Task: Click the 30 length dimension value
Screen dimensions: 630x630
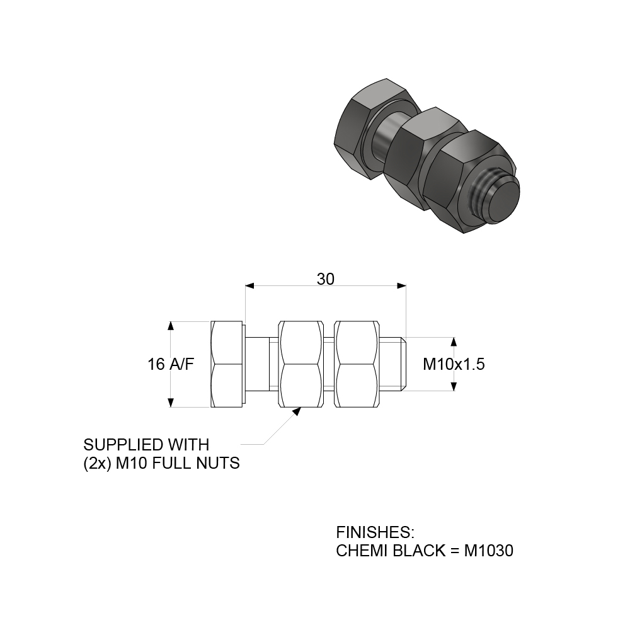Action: [x=325, y=279]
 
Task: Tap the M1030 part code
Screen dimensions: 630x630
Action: [x=489, y=551]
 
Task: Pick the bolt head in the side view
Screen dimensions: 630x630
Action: [x=227, y=364]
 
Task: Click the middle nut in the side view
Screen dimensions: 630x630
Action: [x=301, y=364]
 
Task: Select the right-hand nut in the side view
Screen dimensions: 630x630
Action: [x=359, y=364]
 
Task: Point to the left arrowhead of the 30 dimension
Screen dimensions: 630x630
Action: [x=249, y=286]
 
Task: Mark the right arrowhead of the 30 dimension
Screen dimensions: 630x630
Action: [x=401, y=286]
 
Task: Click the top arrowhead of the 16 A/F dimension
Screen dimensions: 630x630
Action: [x=171, y=325]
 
